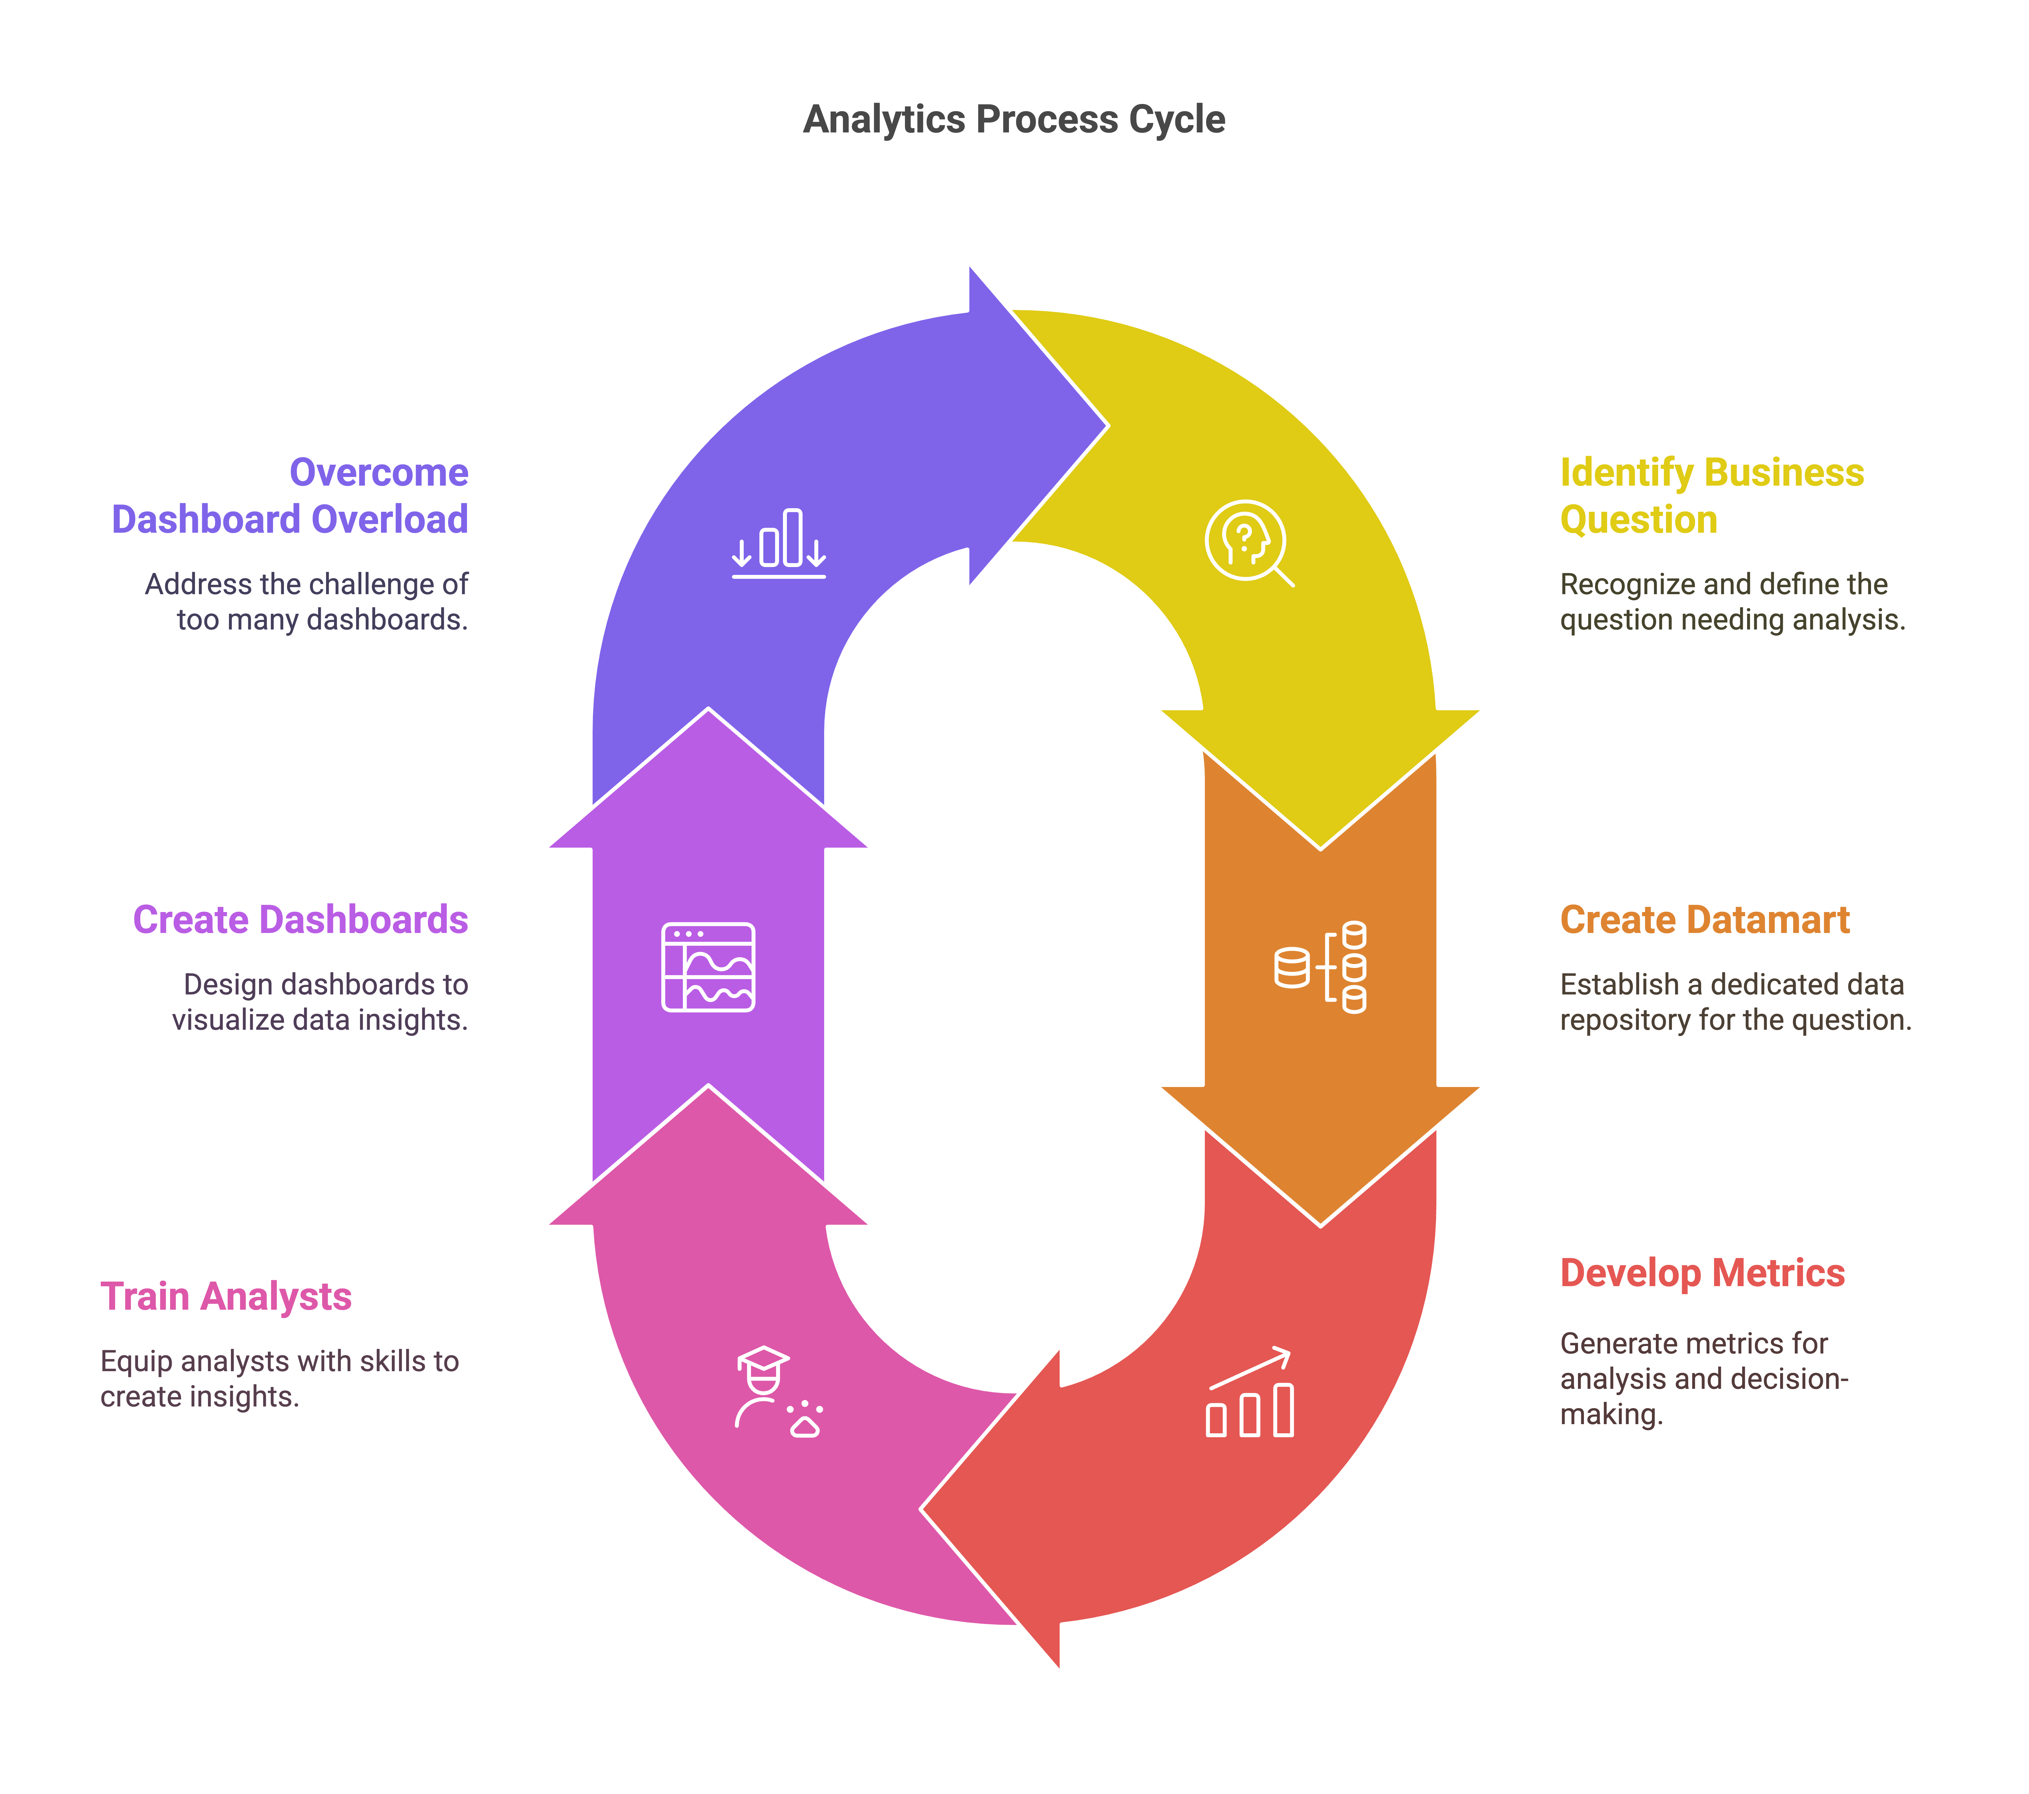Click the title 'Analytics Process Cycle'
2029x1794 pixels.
click(1014, 119)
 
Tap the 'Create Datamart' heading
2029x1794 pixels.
click(1704, 919)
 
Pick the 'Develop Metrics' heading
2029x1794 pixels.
click(1701, 1273)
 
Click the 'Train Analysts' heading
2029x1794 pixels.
click(226, 1297)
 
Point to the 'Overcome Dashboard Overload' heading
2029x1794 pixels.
click(290, 495)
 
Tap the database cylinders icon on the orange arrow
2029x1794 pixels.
click(1321, 967)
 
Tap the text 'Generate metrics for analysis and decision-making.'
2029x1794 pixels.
click(1703, 1378)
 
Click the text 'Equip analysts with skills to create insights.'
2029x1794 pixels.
click(280, 1378)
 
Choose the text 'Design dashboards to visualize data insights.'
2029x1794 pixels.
click(320, 1002)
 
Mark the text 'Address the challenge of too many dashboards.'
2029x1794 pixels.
click(307, 602)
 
